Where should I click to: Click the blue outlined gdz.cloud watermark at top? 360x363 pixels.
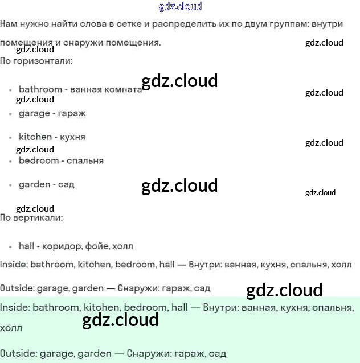tap(179, 7)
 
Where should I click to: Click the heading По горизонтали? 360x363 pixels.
tap(36, 60)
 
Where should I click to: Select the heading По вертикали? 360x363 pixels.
tap(31, 217)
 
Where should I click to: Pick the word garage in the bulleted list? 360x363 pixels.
tap(34, 113)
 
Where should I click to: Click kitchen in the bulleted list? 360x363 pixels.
tap(35, 137)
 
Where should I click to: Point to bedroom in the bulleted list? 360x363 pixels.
tap(39, 160)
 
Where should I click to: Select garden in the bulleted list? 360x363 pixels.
tap(34, 184)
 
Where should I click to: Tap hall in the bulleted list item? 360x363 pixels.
tap(27, 246)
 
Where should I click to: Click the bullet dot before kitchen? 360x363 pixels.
tap(11, 138)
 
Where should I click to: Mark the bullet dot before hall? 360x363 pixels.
tap(11, 247)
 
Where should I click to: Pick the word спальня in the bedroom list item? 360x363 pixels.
tap(85, 160)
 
